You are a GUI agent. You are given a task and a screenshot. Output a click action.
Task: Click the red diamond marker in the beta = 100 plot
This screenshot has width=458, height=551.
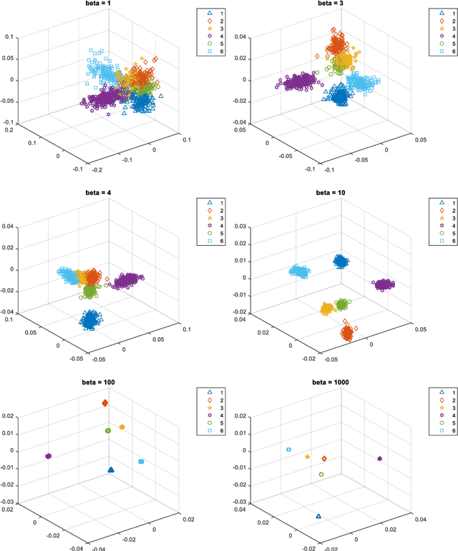pyautogui.click(x=105, y=404)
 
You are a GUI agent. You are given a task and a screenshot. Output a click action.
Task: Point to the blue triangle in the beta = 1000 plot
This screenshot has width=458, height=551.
pyautogui.click(x=318, y=515)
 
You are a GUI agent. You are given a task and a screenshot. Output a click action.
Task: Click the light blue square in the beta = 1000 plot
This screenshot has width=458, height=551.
pyautogui.click(x=288, y=450)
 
